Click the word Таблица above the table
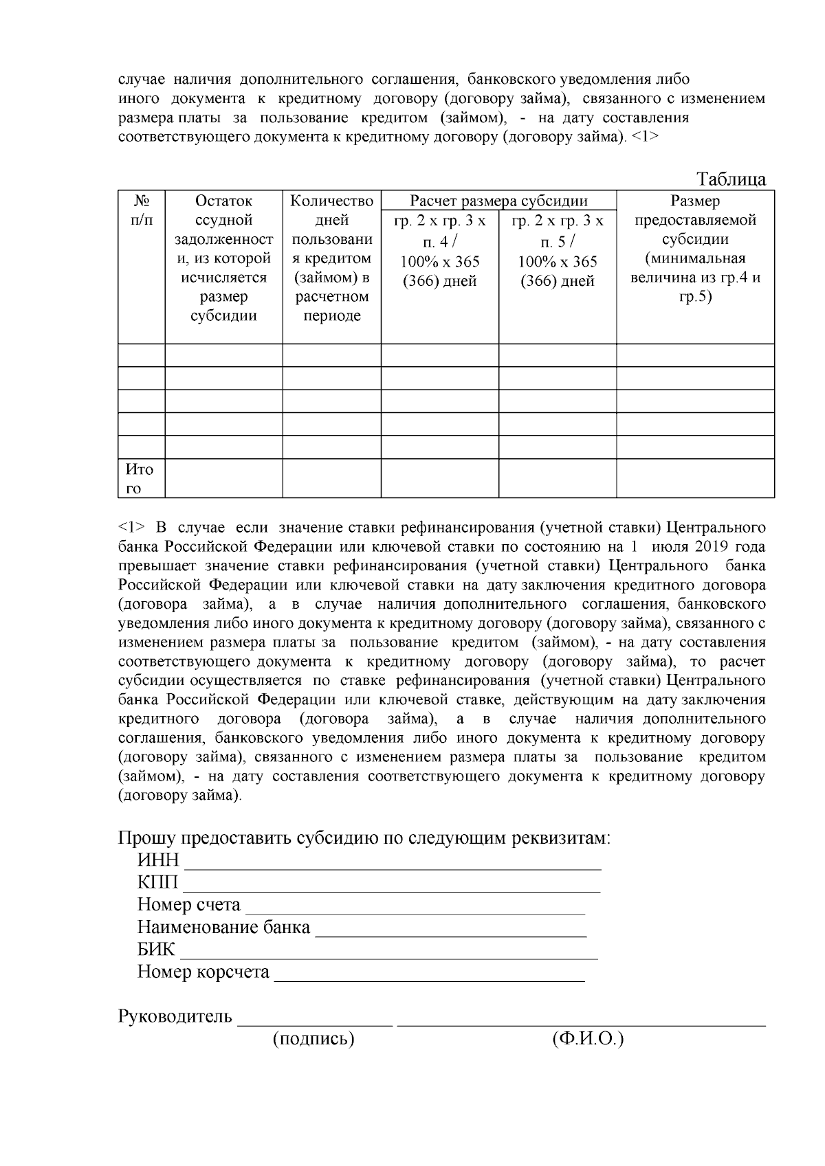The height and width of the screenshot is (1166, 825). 731,179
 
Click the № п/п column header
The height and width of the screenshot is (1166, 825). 142,210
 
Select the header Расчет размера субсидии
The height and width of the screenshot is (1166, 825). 498,201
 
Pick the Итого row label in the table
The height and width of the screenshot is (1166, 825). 140,478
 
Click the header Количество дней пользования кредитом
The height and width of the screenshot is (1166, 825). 331,258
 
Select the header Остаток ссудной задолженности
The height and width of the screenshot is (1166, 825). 223,258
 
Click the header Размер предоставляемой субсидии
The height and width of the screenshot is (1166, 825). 695,249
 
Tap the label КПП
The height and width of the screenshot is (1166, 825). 157,882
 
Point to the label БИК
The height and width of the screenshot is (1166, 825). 156,950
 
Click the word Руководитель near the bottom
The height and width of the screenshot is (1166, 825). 175,1016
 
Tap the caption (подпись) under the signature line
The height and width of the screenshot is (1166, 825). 313,1038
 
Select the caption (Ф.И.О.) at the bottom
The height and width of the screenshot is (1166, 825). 587,1038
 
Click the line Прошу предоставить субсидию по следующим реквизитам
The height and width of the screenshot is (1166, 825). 364,838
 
